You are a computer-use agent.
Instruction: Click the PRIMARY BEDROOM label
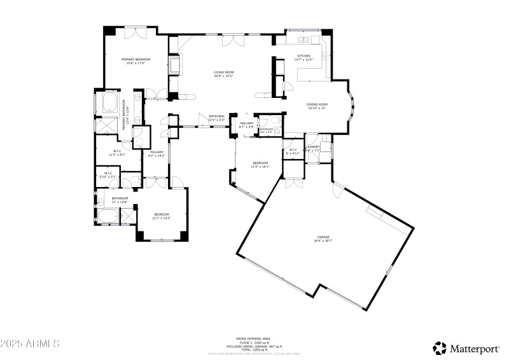(x=136, y=59)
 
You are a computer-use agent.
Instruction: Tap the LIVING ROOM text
(x=223, y=73)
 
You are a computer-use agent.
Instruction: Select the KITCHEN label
(x=303, y=56)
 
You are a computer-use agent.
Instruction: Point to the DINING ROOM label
(x=316, y=104)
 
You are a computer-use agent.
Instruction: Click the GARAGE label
(x=323, y=237)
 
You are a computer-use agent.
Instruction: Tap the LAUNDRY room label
(x=312, y=147)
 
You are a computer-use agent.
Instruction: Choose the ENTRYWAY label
(x=217, y=116)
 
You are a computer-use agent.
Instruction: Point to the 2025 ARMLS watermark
(x=30, y=344)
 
